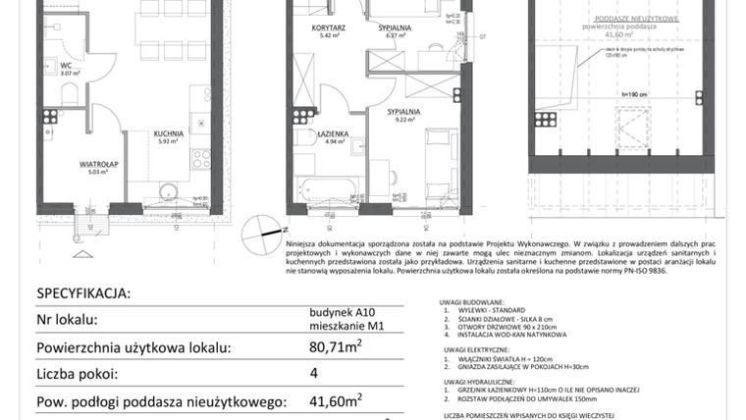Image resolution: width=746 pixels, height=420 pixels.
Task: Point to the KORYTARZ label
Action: point(325,29)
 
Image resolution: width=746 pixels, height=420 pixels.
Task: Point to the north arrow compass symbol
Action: point(261,229)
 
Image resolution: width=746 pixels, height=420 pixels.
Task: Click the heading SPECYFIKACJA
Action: point(83,292)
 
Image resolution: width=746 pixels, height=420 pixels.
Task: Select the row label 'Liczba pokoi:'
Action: point(78,373)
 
